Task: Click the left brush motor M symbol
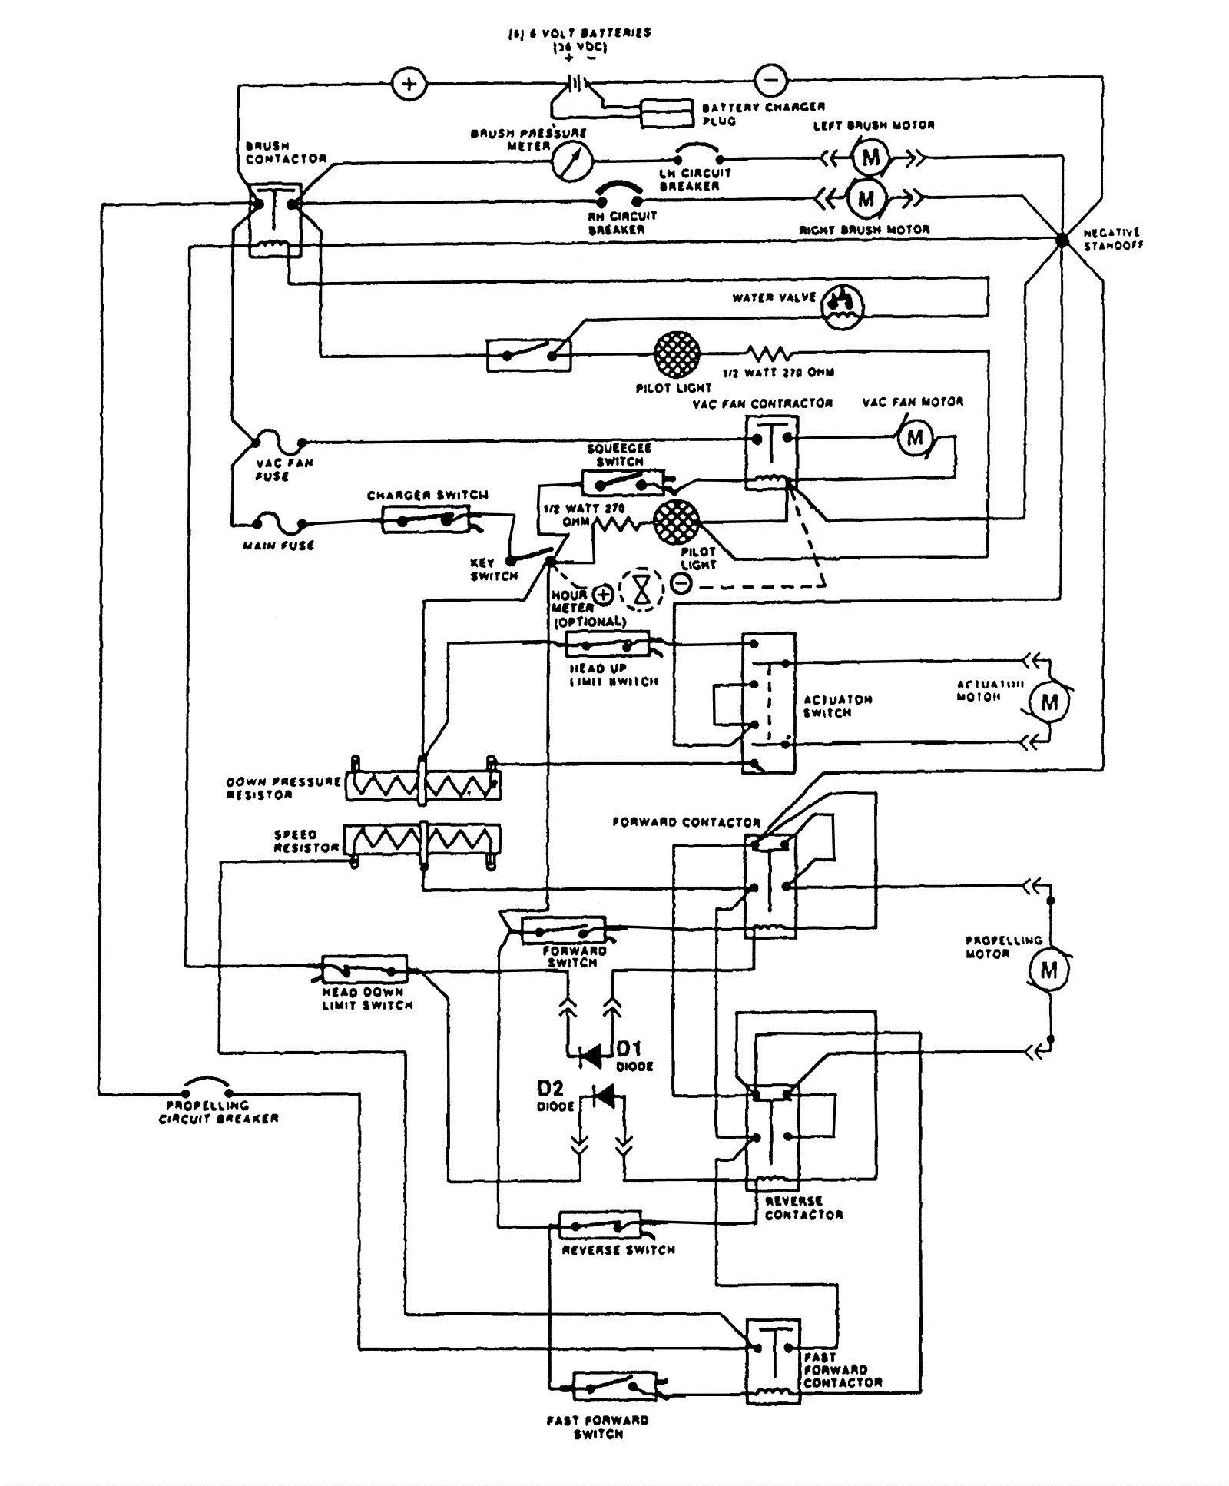[870, 158]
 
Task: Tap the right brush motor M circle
[866, 199]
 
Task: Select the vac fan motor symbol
[915, 438]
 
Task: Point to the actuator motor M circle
[1049, 702]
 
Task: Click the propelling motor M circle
[1048, 970]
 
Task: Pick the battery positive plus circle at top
[409, 84]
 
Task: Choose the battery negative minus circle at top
[770, 79]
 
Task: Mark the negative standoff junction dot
[1062, 240]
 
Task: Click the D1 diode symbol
[591, 1056]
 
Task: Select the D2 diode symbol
[603, 1096]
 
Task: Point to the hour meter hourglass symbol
[642, 589]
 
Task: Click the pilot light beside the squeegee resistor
[676, 522]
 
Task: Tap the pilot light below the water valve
[677, 354]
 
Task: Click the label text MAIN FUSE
[278, 546]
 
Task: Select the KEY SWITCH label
[494, 569]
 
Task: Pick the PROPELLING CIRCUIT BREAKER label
[218, 1113]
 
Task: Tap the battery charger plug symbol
[668, 113]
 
